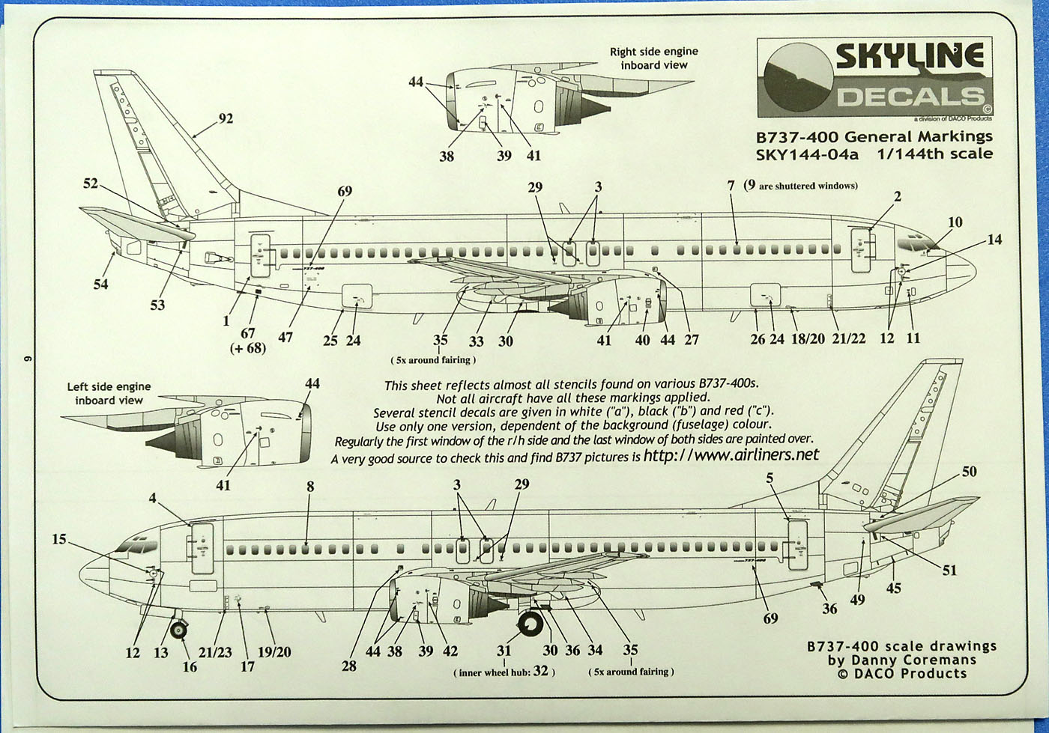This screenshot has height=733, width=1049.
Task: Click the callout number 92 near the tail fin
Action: (226, 118)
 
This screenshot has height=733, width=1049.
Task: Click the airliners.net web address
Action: (731, 455)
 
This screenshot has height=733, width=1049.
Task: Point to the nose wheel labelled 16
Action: (180, 630)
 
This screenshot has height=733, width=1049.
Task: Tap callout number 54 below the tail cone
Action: (100, 284)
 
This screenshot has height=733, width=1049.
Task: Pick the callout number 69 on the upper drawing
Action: (344, 192)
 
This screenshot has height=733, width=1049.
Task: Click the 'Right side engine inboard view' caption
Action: (653, 58)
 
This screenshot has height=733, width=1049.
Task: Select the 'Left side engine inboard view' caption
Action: (109, 393)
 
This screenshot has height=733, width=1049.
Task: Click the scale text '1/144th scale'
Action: (948, 153)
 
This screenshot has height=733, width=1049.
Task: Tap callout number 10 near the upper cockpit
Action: (955, 222)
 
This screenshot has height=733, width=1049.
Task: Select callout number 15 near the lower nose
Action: (59, 539)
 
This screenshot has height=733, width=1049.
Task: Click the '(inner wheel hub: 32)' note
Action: (504, 672)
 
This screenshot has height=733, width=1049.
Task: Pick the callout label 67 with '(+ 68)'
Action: (248, 340)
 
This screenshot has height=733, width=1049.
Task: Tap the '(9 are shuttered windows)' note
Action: (800, 185)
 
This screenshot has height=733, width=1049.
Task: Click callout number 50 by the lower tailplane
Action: (969, 472)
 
